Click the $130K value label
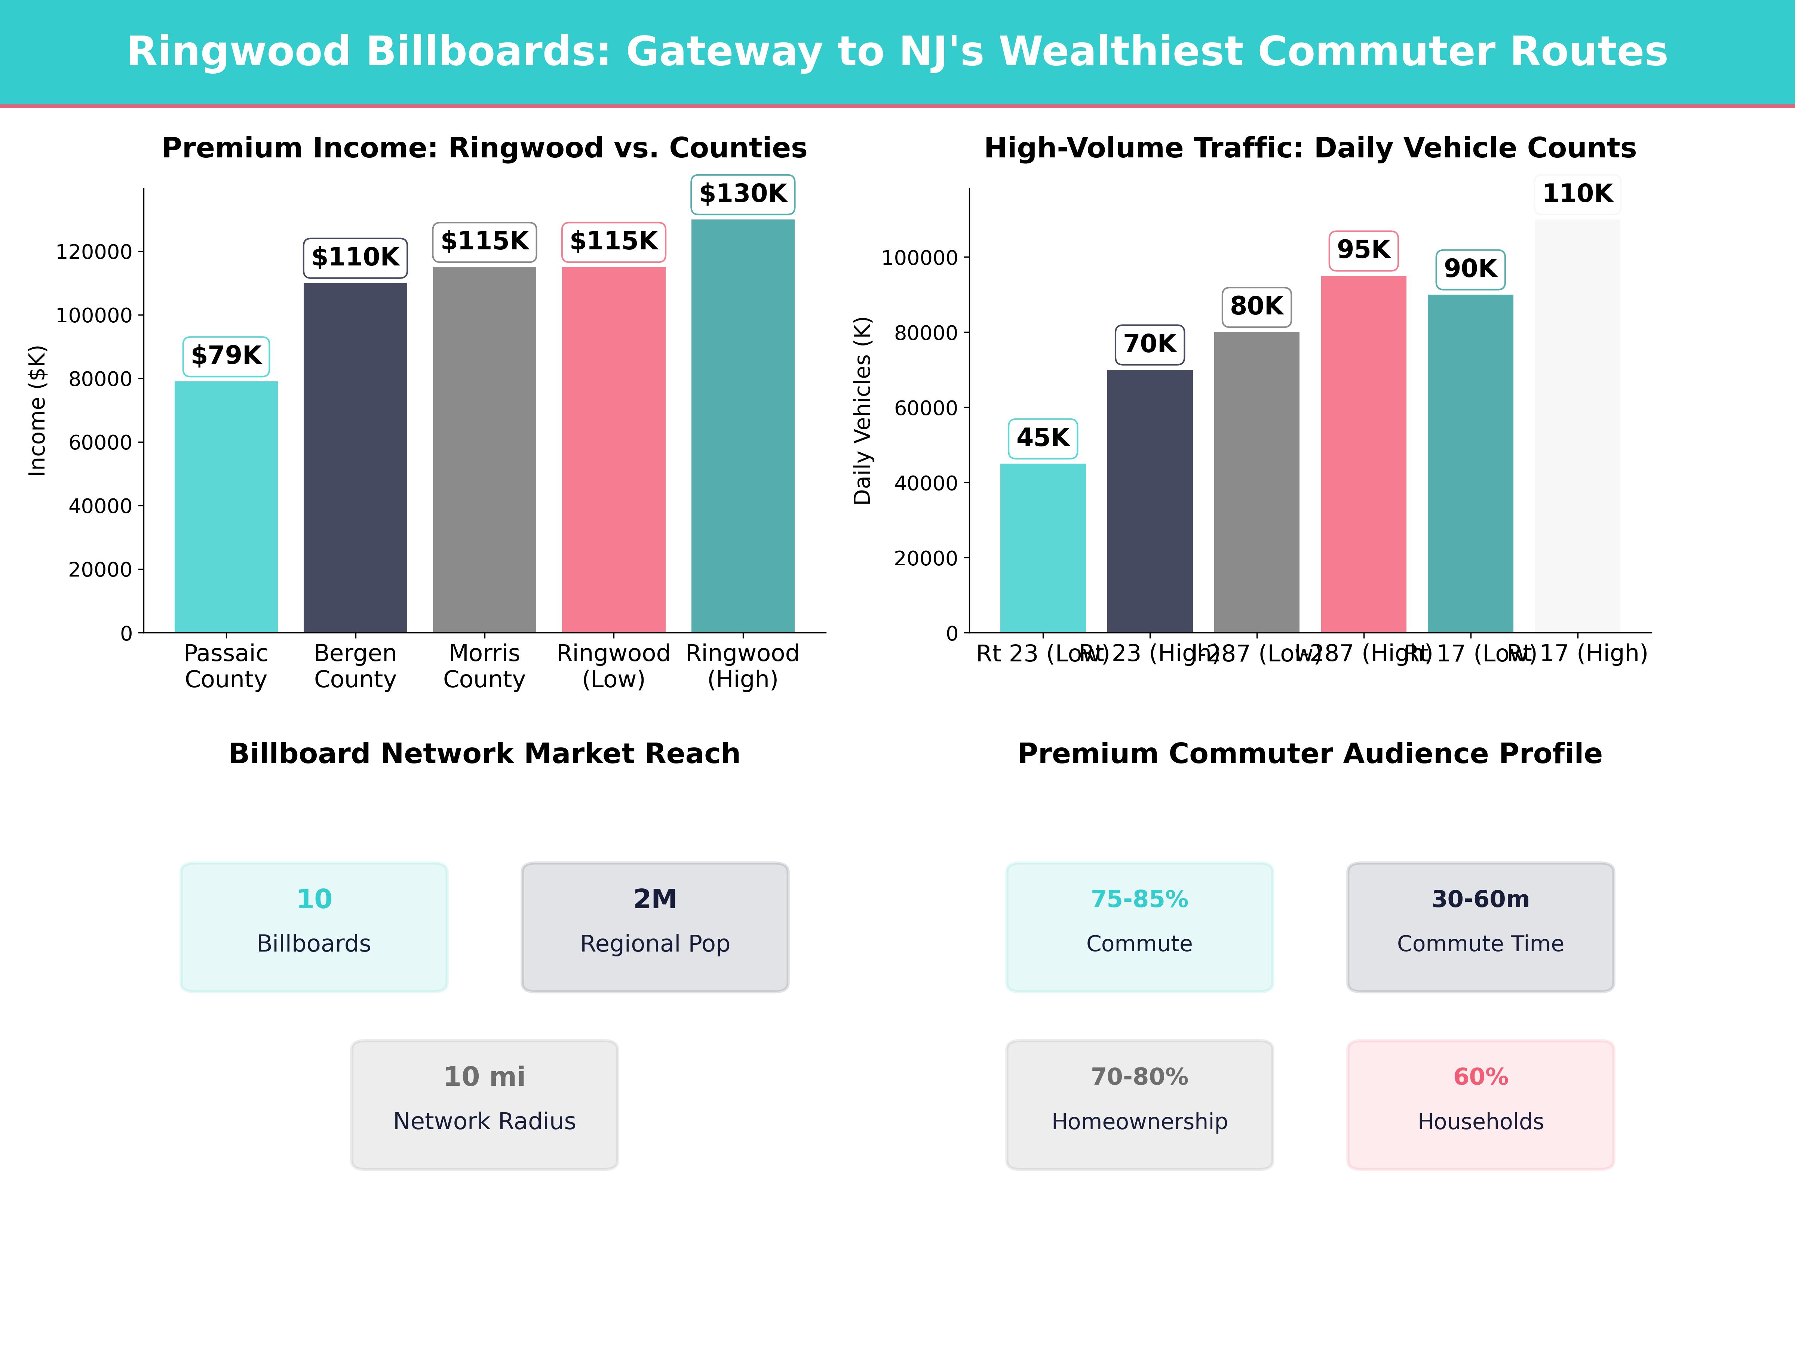(743, 194)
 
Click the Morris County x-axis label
(484, 666)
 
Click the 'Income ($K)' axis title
(37, 411)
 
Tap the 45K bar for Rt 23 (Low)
(1043, 548)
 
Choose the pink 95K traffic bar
(1363, 454)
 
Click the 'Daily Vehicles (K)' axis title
(863, 411)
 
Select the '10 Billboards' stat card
(314, 926)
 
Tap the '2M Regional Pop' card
(655, 926)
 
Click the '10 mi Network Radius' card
(484, 1104)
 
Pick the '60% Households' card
(1480, 1104)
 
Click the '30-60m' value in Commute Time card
(1480, 899)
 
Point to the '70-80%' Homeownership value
(1139, 1077)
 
